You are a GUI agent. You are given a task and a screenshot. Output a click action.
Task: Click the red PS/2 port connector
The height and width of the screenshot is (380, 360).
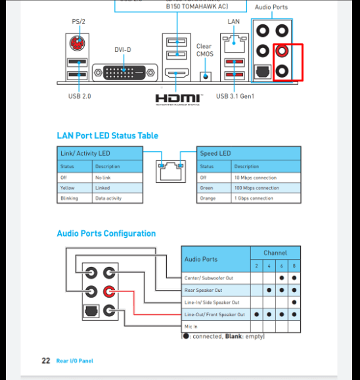coord(78,43)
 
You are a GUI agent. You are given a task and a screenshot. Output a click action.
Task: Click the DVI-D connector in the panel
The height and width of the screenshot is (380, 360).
coord(125,72)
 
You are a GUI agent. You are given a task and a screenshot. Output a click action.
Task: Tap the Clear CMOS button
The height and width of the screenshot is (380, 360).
coord(206,76)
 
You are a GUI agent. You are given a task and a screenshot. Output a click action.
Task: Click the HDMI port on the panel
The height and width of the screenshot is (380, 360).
coord(177,73)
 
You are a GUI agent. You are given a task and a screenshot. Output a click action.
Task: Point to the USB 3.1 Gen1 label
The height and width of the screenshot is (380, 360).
coord(235,96)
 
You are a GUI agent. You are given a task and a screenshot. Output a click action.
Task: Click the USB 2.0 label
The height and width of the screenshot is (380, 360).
coord(79,96)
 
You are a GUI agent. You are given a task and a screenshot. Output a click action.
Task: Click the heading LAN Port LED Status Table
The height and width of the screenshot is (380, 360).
coord(108,135)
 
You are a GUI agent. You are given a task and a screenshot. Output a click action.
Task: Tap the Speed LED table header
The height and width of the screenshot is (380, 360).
coord(248,153)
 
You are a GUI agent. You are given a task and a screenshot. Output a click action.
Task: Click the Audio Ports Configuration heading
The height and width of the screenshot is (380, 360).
coord(106,233)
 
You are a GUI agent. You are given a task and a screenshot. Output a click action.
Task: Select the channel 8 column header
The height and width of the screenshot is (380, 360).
coord(294,266)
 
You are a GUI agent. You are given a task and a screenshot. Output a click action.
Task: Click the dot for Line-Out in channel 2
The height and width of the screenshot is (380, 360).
coord(257,314)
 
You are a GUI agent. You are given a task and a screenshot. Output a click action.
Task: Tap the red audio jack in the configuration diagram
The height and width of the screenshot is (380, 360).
coord(109,291)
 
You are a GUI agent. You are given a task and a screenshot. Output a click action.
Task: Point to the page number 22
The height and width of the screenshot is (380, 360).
coord(46,361)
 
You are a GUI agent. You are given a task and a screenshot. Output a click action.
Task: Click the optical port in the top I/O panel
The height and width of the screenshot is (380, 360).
coord(262,72)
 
